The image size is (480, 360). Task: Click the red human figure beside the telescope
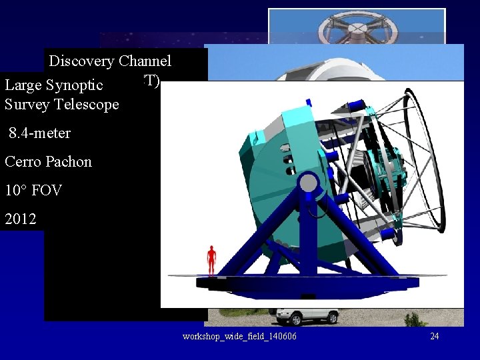click(x=211, y=259)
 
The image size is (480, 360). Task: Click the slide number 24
click(x=434, y=336)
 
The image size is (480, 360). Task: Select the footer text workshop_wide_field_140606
click(x=239, y=336)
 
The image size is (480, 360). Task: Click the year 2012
click(x=20, y=219)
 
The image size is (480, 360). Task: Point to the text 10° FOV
click(x=33, y=190)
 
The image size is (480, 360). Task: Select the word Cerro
click(x=21, y=161)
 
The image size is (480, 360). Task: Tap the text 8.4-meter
click(x=39, y=133)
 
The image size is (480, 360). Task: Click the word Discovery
click(x=82, y=61)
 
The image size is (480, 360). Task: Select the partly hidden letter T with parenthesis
click(x=153, y=80)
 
